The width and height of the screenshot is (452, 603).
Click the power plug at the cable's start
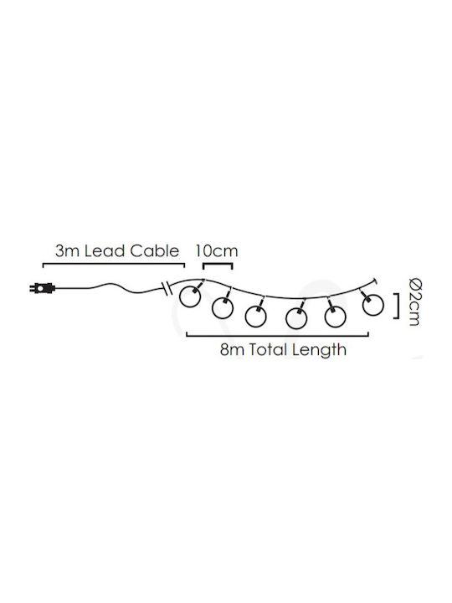point(43,287)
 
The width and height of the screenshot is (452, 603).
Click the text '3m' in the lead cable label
point(68,251)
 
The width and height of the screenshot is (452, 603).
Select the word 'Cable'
point(155,251)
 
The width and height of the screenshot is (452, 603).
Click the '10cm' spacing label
point(217,251)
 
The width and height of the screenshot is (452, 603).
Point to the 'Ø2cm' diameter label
point(414,301)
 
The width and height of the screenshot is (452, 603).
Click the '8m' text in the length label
point(233,350)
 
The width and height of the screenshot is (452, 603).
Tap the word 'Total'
point(269,350)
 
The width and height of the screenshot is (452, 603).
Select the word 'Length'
point(319,351)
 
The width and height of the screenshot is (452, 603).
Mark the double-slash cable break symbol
point(165,288)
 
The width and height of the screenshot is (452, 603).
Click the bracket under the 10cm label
point(218,264)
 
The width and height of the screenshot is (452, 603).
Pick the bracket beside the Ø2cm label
point(397,306)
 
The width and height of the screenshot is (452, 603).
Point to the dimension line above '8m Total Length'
point(278,336)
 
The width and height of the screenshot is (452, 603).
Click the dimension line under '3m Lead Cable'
point(114,264)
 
